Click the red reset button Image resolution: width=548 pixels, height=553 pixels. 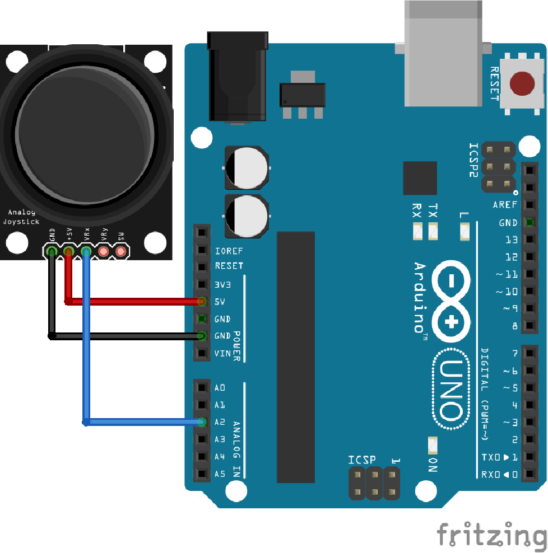pyautogui.click(x=522, y=83)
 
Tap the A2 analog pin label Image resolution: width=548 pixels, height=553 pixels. pyautogui.click(x=220, y=422)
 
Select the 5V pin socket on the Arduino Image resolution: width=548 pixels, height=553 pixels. pyautogui.click(x=202, y=302)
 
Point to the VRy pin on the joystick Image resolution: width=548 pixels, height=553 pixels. pyautogui.click(x=103, y=251)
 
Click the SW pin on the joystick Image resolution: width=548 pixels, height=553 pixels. pyautogui.click(x=121, y=251)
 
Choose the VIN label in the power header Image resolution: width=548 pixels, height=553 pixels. pyautogui.click(x=222, y=353)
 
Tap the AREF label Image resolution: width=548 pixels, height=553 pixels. pyautogui.click(x=505, y=204)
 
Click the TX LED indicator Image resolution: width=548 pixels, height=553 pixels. pyautogui.click(x=433, y=231)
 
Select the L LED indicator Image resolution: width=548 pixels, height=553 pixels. pyautogui.click(x=465, y=231)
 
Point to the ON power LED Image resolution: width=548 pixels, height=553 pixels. pyautogui.click(x=433, y=445)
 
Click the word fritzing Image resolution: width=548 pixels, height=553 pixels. pyautogui.click(x=492, y=535)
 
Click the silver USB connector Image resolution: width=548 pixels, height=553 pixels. pyautogui.click(x=443, y=53)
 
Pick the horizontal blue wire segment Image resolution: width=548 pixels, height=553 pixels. pyautogui.click(x=143, y=422)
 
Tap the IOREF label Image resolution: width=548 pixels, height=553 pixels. pyautogui.click(x=229, y=251)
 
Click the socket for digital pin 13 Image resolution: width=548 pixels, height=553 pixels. pyautogui.click(x=530, y=240)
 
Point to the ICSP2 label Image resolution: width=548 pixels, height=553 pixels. pyautogui.click(x=473, y=160)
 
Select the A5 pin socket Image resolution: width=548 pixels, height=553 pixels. pyautogui.click(x=202, y=474)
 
